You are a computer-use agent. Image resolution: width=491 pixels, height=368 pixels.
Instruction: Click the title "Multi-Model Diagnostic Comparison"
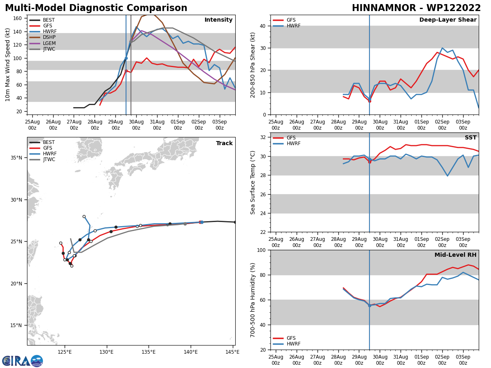click(96, 8)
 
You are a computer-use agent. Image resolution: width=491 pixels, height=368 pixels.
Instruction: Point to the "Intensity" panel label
click(218, 20)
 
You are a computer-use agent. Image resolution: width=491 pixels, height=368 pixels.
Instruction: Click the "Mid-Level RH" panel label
click(455, 255)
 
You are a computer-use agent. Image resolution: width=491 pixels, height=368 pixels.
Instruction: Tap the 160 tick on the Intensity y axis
click(17, 18)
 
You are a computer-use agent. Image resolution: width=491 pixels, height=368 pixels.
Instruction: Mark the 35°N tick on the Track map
click(16, 158)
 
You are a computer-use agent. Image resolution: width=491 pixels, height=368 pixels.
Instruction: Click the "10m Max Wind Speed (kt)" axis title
click(8, 64)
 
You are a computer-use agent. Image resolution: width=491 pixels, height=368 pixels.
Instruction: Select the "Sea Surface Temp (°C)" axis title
click(253, 182)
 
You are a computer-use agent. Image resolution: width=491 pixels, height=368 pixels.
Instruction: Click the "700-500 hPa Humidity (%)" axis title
click(253, 300)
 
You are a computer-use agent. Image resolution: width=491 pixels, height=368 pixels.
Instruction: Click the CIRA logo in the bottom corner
click(23, 361)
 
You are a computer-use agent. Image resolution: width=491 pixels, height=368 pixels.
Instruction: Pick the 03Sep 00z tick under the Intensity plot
click(220, 125)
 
